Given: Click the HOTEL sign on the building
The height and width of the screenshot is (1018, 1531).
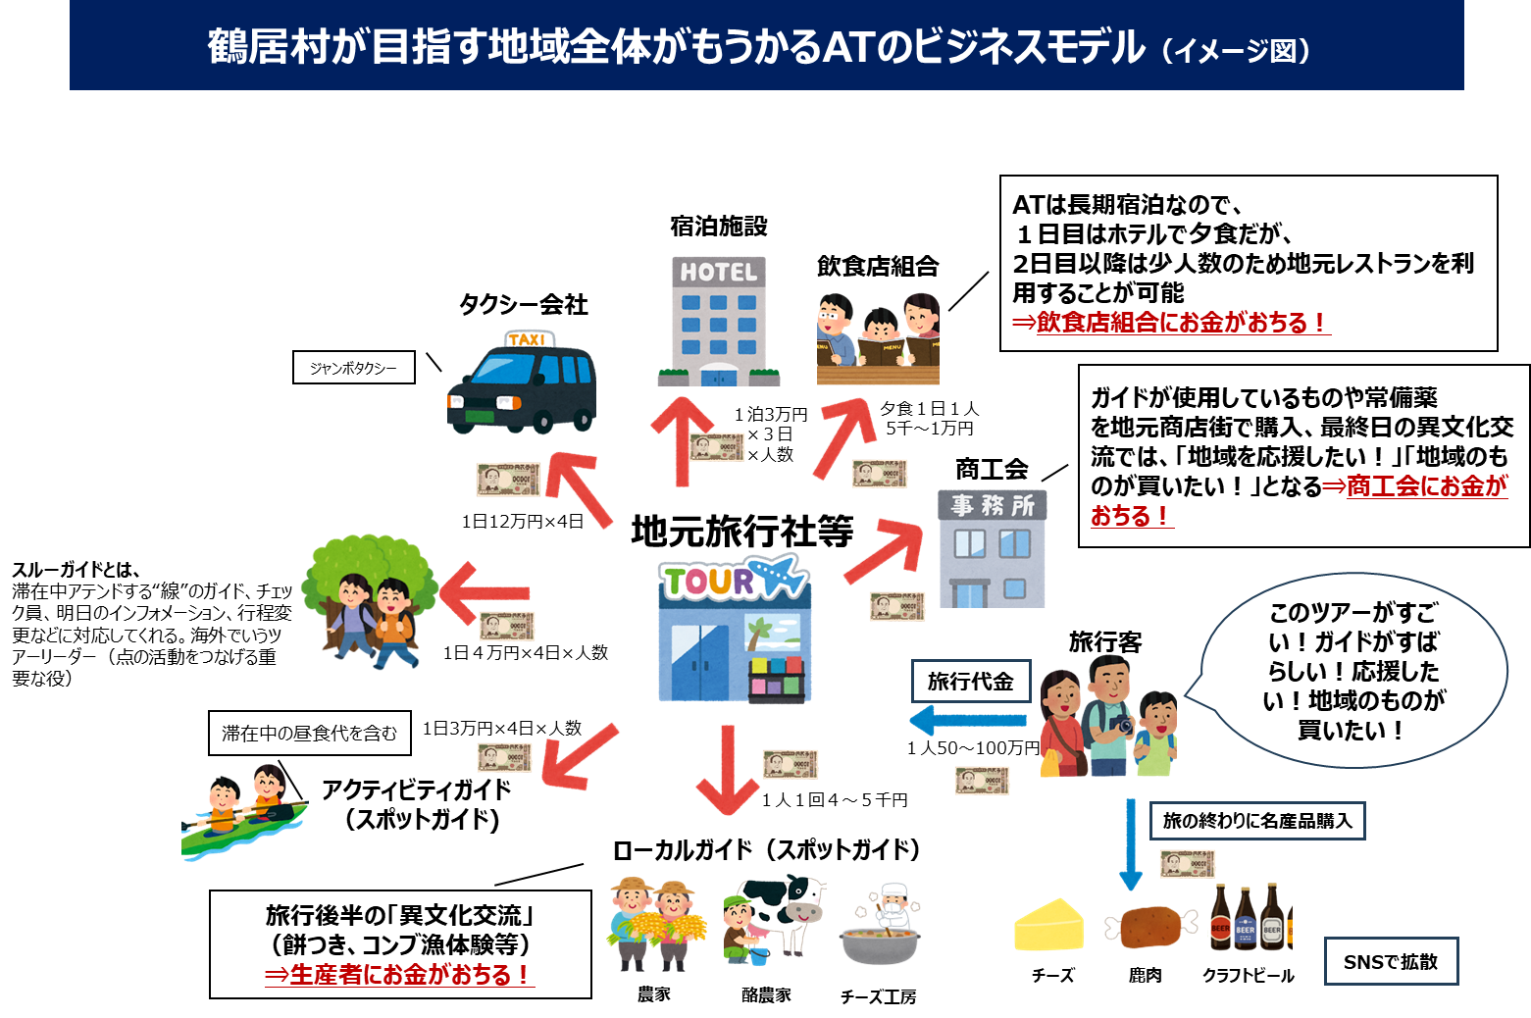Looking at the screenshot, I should (x=719, y=272).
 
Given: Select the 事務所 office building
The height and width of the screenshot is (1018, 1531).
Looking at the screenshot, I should (x=993, y=549).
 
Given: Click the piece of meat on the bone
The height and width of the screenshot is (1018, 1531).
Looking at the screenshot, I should (x=1150, y=927).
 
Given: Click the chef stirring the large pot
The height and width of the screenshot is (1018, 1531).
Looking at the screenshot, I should (x=883, y=927).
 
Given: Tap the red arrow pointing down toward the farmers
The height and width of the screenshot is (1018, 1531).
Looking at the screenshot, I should (x=728, y=770).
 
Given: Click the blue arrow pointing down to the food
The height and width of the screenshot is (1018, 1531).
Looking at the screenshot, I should (x=1131, y=843).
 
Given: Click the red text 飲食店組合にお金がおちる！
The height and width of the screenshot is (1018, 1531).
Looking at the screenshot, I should (x=1169, y=323).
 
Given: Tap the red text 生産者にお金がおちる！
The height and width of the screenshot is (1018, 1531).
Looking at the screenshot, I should (x=399, y=975).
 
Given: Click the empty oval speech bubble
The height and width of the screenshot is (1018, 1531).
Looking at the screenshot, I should (x=1353, y=670).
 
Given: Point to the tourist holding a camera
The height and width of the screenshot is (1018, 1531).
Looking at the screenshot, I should (x=1109, y=716).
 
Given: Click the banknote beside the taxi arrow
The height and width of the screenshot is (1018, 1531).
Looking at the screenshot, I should (x=508, y=480).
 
